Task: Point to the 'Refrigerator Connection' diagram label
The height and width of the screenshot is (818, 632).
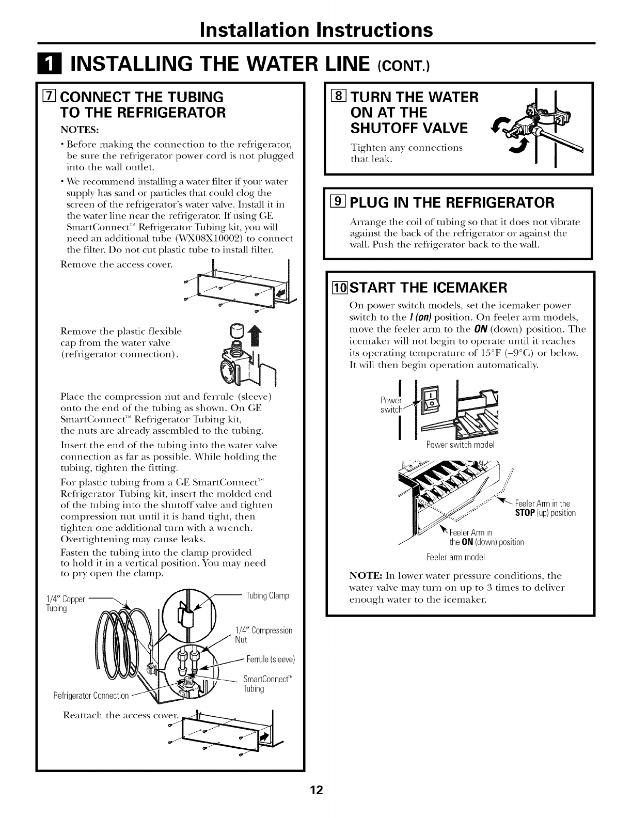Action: point(91,696)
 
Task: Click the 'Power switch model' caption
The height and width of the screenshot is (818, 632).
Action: point(460,445)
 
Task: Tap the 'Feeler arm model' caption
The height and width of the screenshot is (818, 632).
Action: point(454,557)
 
